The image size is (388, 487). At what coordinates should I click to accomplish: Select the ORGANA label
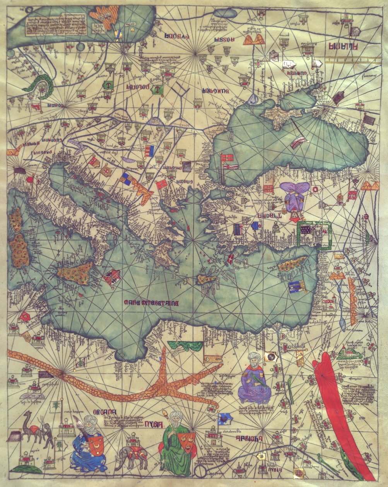pos(115,413)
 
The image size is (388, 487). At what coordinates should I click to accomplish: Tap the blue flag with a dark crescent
pos(225,419)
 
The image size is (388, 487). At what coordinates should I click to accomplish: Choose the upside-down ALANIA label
pos(343,47)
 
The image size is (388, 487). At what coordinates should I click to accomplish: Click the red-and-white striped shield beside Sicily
pos(112,277)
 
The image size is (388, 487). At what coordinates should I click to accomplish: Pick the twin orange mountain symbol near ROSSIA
pos(254,39)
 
